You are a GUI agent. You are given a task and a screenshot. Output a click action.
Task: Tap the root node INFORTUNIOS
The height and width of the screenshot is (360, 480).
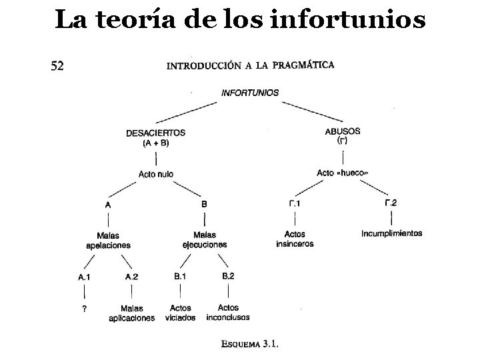coord(250,93)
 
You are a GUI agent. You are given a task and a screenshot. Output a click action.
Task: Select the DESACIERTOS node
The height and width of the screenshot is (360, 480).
coord(155,137)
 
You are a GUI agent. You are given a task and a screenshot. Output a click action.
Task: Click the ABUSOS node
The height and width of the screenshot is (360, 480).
coord(343,135)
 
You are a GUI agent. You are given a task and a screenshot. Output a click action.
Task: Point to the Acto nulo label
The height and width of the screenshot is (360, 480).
coord(156,174)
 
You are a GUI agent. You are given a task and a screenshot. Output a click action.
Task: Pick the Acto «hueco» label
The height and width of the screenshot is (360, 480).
coord(342,173)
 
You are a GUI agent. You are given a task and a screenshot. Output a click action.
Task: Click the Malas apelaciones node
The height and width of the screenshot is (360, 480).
coord(108,240)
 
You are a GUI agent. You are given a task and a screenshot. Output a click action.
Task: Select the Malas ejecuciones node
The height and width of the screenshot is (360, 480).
coord(205,239)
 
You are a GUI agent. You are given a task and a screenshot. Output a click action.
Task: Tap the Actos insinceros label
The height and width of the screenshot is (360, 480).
coord(295,239)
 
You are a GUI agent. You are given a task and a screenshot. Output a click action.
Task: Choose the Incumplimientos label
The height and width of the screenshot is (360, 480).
coord(391,233)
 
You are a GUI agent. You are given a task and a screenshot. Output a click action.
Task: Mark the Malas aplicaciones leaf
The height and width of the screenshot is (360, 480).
coord(132,313)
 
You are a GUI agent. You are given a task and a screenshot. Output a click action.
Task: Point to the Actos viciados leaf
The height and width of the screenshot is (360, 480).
coord(181,313)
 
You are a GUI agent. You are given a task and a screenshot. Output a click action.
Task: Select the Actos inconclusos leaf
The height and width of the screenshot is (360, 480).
coord(229,312)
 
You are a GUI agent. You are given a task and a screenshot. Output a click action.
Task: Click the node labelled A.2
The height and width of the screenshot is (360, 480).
coord(131,277)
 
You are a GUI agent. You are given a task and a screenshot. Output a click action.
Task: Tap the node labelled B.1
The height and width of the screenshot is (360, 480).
coord(180,276)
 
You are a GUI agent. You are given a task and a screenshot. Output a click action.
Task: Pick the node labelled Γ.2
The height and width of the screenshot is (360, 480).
coord(391,203)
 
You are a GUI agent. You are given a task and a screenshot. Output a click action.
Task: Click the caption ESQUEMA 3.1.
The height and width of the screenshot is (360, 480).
coord(250,345)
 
